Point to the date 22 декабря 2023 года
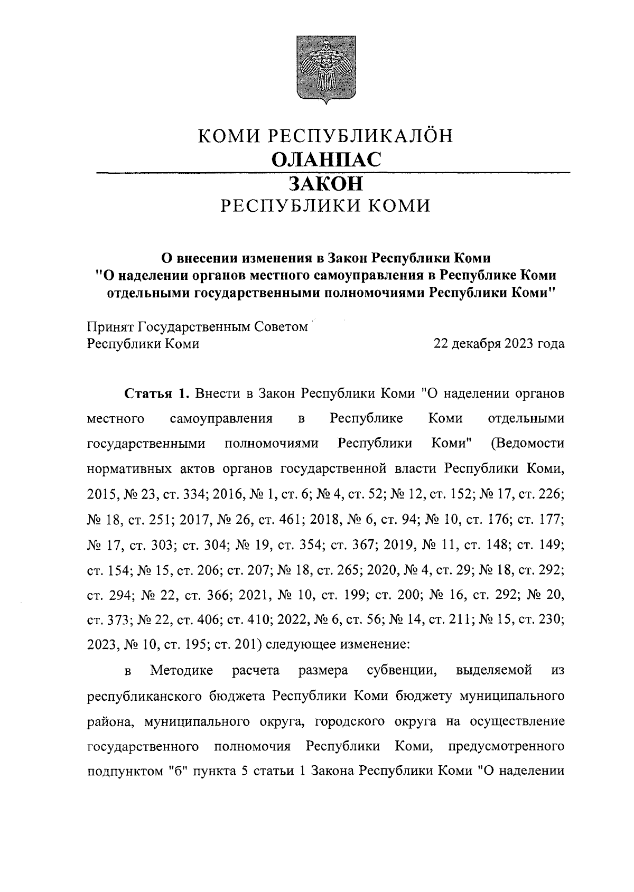point(499,344)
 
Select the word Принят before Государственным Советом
point(109,327)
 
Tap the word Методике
point(182,671)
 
